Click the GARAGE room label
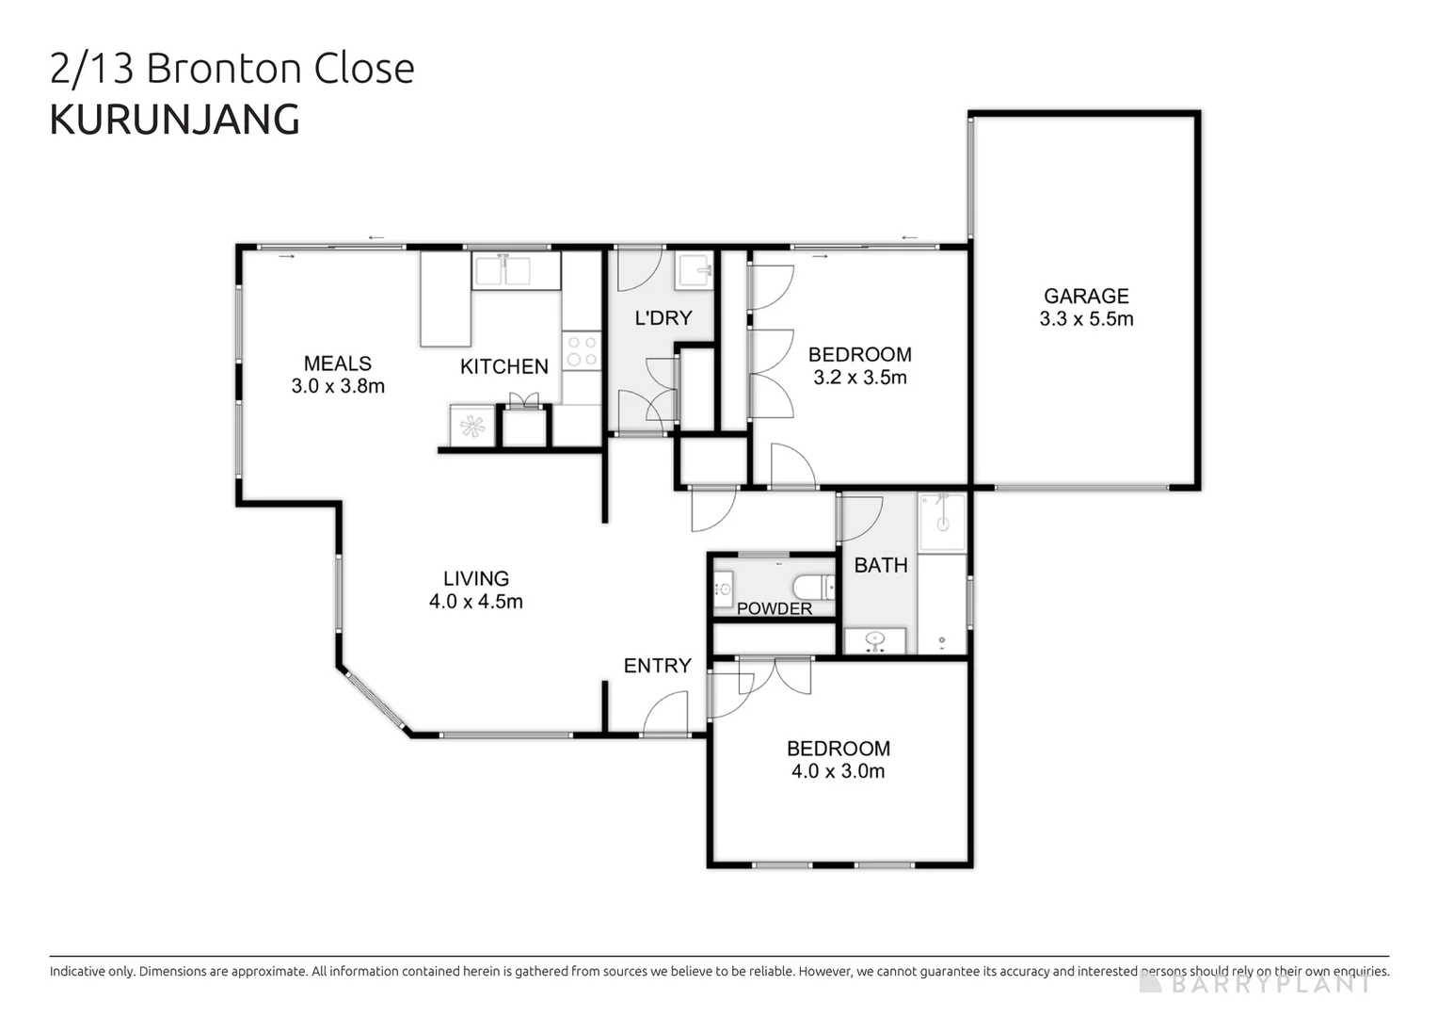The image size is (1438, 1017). click(1086, 296)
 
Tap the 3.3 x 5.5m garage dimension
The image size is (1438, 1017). click(1086, 319)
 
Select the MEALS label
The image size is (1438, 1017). click(337, 363)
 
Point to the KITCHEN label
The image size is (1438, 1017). click(503, 366)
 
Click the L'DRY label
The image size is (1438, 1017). click(663, 317)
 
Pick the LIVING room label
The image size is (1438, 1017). click(476, 578)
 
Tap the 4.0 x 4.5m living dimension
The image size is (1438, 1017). click(476, 602)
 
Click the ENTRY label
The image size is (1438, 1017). click(657, 666)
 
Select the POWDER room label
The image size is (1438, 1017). click(774, 608)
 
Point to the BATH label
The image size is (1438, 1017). click(881, 565)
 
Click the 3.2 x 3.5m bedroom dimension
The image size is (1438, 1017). click(860, 378)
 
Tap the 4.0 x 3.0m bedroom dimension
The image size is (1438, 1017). click(838, 771)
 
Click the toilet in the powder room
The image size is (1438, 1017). click(814, 588)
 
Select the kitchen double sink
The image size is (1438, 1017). click(515, 270)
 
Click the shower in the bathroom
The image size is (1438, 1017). click(942, 522)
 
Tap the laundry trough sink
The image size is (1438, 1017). click(695, 271)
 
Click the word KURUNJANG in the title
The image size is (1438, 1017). click(174, 120)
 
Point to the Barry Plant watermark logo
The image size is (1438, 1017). click(1256, 983)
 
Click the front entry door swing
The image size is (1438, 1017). click(667, 714)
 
